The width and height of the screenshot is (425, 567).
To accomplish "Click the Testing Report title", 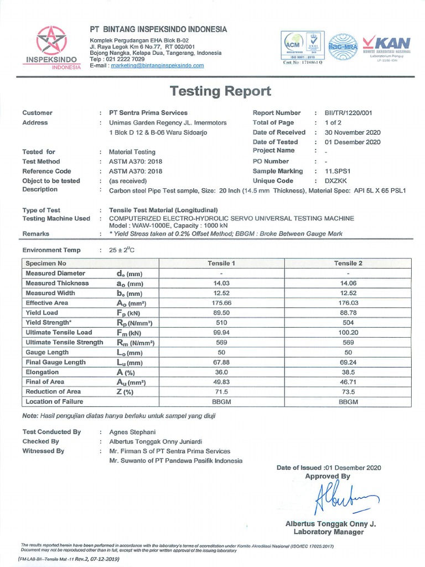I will (220, 91).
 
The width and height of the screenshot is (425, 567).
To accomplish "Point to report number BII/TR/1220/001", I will (348, 113).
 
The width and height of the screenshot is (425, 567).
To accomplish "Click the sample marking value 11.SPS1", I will (339, 172).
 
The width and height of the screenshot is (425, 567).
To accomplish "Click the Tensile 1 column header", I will (221, 264).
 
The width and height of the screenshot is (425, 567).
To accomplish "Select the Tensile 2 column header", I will (348, 264).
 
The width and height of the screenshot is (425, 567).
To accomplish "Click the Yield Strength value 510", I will (221, 323).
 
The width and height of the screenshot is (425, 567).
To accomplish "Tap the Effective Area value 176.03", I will (348, 303).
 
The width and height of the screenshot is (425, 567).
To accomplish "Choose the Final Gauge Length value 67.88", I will (221, 362).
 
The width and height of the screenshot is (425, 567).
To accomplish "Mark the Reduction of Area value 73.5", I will (348, 391).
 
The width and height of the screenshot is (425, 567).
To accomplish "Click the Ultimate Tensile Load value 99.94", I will (221, 333).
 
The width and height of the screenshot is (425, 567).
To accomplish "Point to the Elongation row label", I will (42, 372).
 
